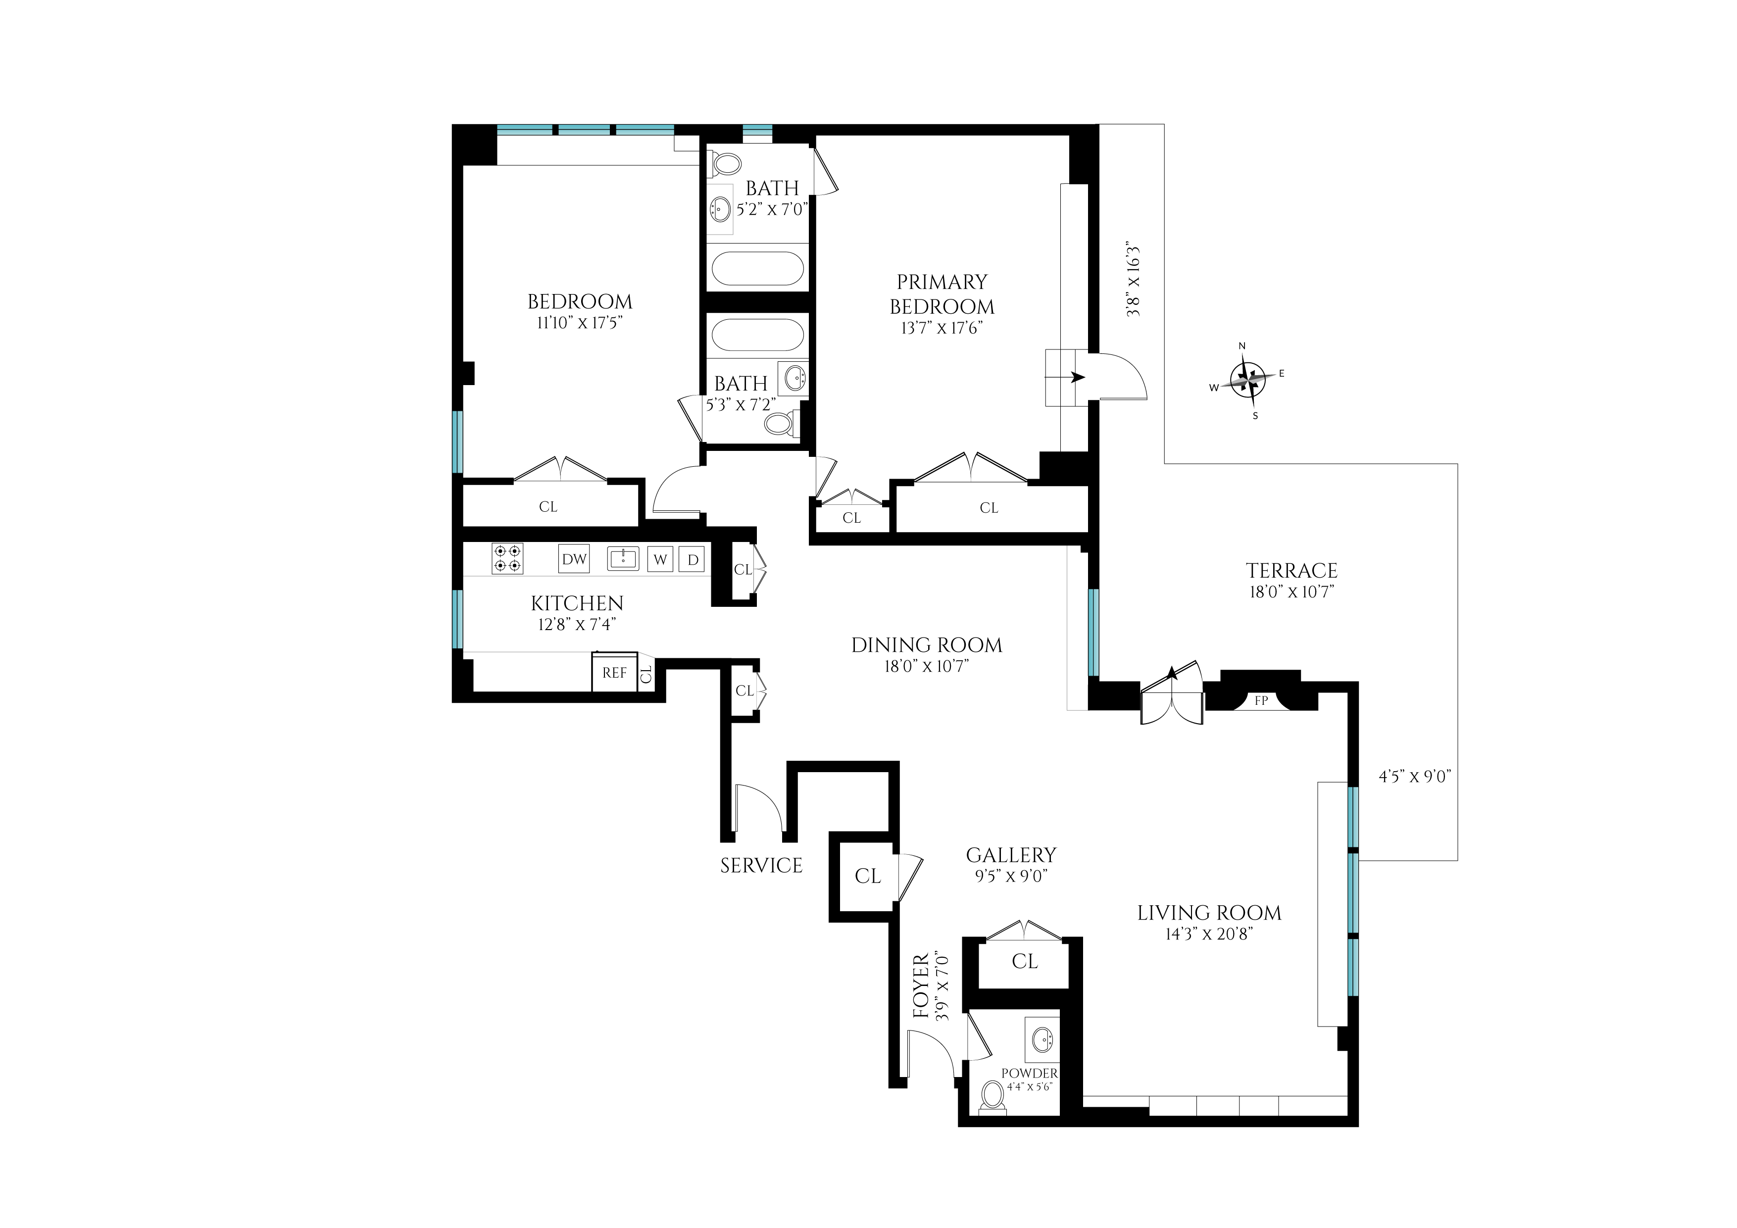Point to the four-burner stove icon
(507, 558)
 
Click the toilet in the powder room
(993, 1098)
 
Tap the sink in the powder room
(1044, 1040)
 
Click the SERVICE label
(761, 866)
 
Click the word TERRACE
(1291, 571)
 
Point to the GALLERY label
(1011, 855)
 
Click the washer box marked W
(660, 559)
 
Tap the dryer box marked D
(692, 559)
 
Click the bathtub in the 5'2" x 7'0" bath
(757, 269)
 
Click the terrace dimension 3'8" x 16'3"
(1133, 280)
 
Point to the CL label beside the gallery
(868, 876)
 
